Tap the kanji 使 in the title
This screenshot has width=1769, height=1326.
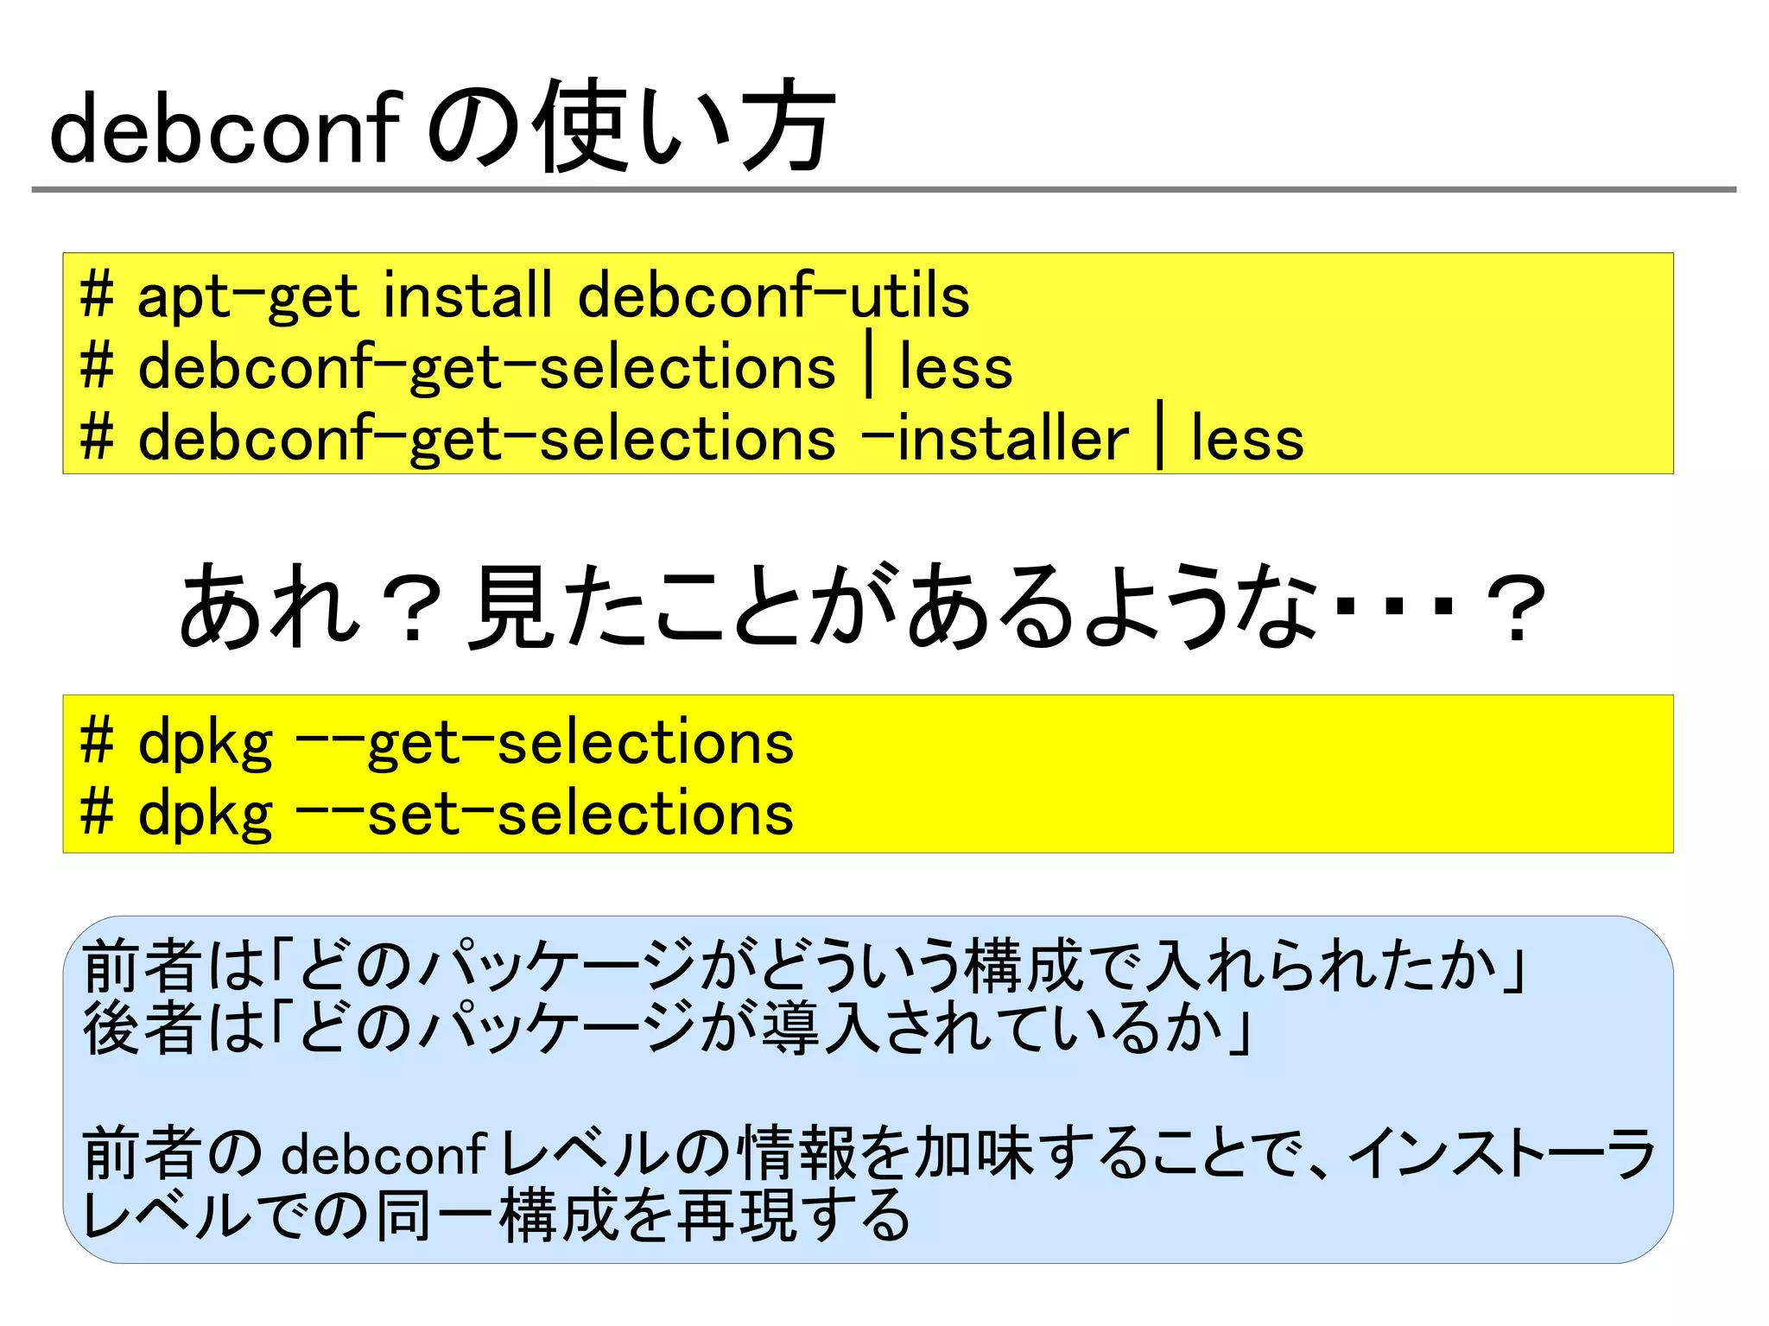coord(580,127)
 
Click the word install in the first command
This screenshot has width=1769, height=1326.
coord(467,295)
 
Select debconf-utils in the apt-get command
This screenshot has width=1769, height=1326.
coord(774,295)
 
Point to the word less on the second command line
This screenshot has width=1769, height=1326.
coord(955,367)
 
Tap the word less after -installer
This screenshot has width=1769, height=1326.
coord(1246,438)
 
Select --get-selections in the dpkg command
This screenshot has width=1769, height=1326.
coord(544,744)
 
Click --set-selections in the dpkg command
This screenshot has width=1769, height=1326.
coord(544,814)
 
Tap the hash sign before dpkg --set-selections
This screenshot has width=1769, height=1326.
coord(97,813)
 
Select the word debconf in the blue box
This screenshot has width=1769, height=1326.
coord(384,1153)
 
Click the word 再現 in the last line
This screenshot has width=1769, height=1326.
coord(736,1215)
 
